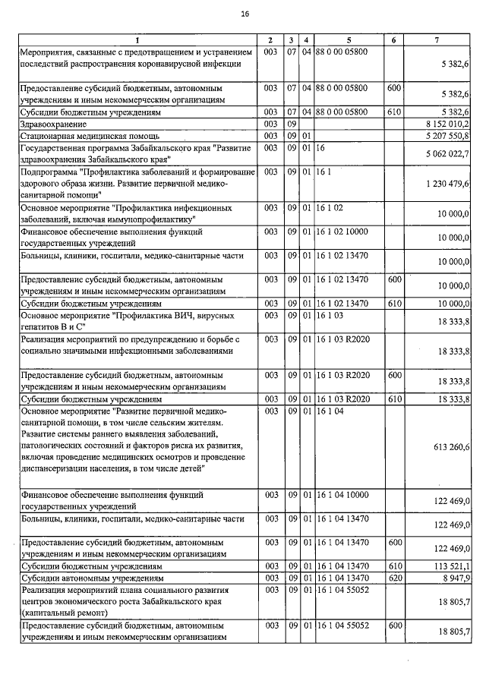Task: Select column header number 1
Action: (137, 39)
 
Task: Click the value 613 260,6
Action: (453, 447)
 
